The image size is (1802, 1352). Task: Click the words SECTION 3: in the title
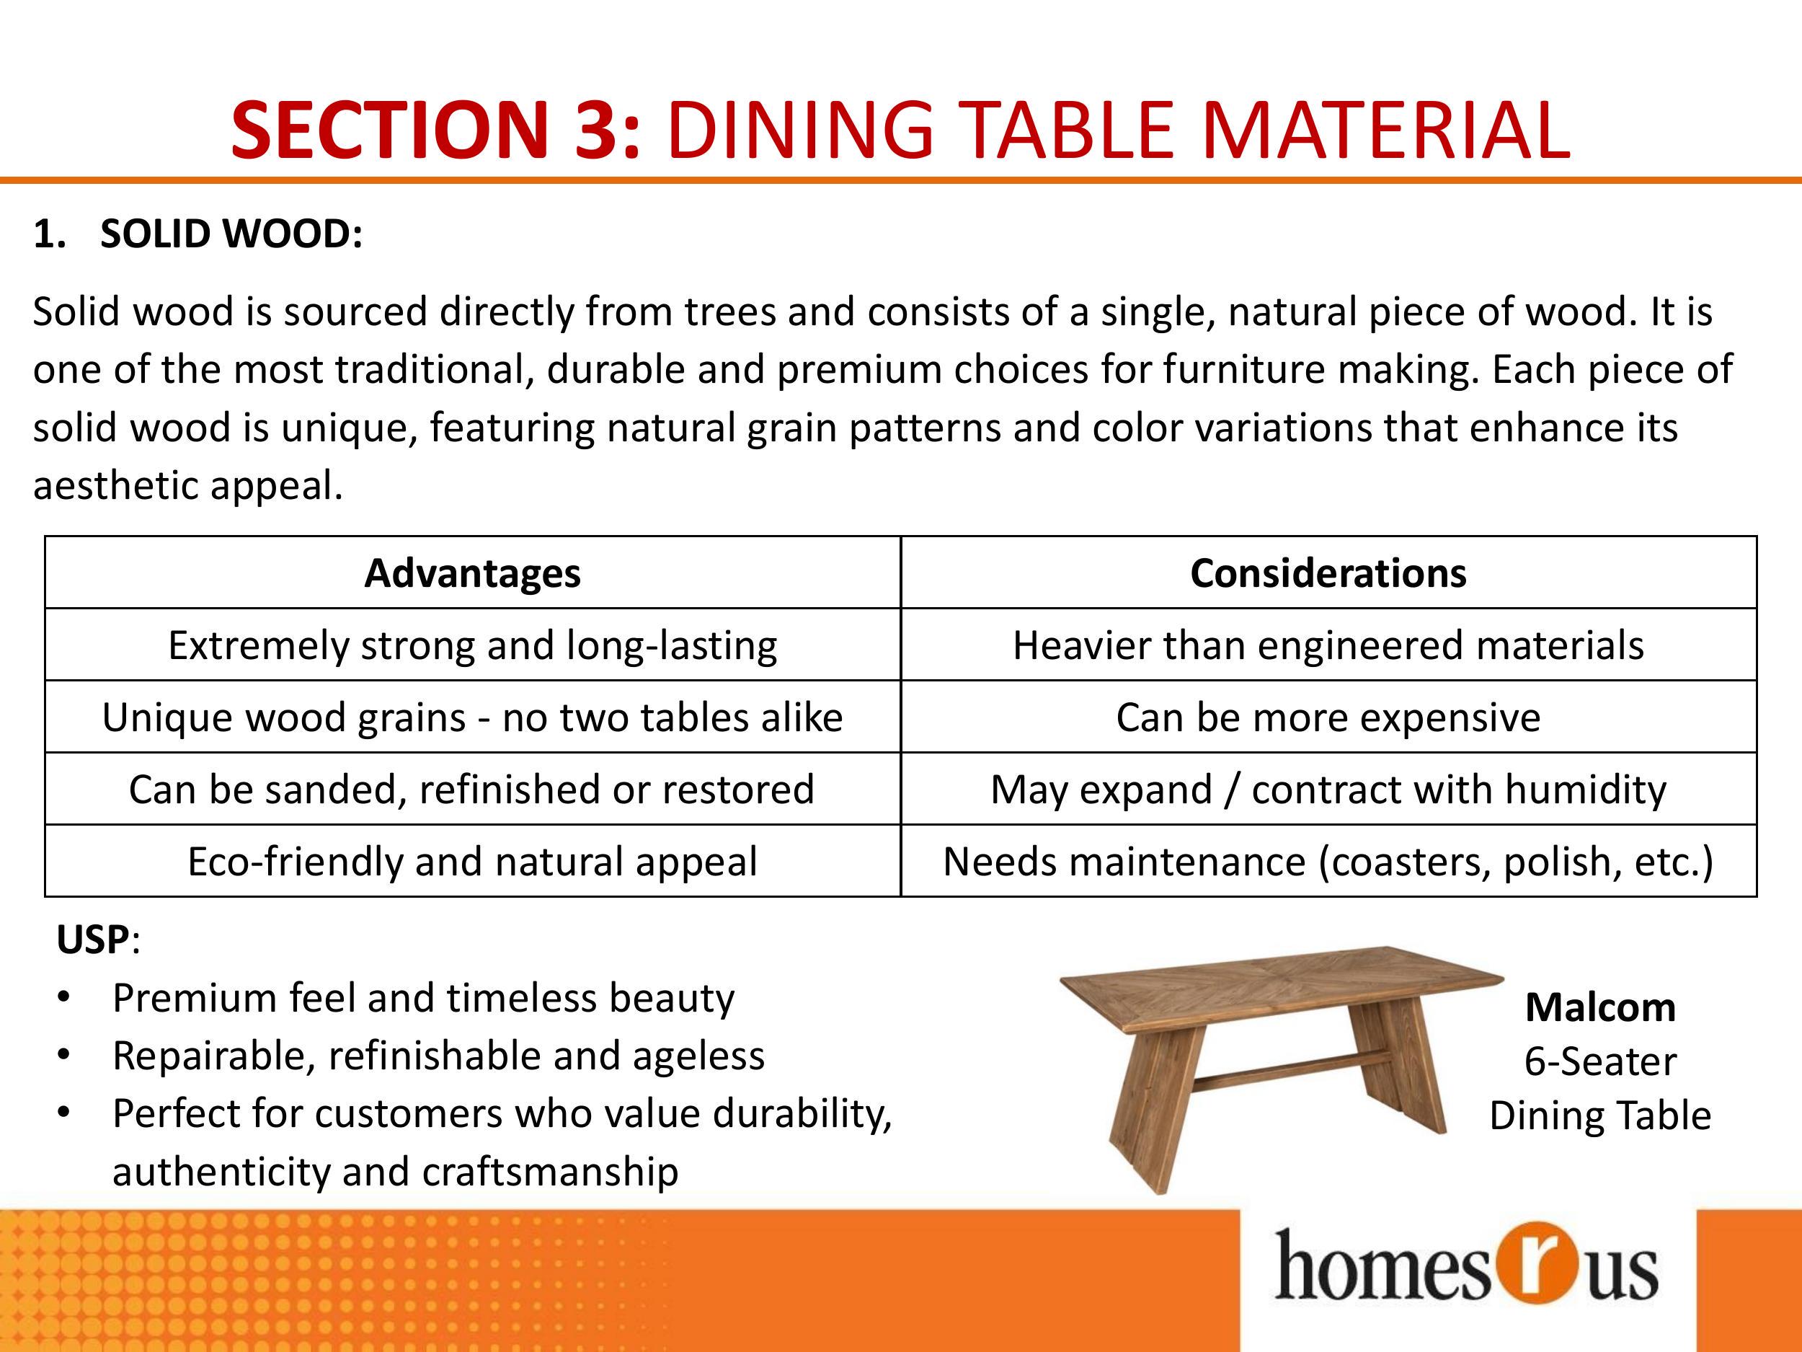[437, 130]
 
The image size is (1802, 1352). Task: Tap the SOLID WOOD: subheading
[231, 234]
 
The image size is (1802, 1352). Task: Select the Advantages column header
[473, 573]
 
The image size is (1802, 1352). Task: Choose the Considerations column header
[1328, 573]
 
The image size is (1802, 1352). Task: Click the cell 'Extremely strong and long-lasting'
[473, 645]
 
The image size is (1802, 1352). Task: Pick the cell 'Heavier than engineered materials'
[1328, 645]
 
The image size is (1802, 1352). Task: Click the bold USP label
[93, 940]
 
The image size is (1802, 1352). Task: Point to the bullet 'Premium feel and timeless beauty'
[424, 998]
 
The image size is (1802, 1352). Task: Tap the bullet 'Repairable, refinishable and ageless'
[438, 1056]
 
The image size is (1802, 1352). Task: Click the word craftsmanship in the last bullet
[550, 1172]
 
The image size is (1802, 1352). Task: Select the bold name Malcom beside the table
[1600, 1007]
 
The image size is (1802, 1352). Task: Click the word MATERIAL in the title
[1385, 130]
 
